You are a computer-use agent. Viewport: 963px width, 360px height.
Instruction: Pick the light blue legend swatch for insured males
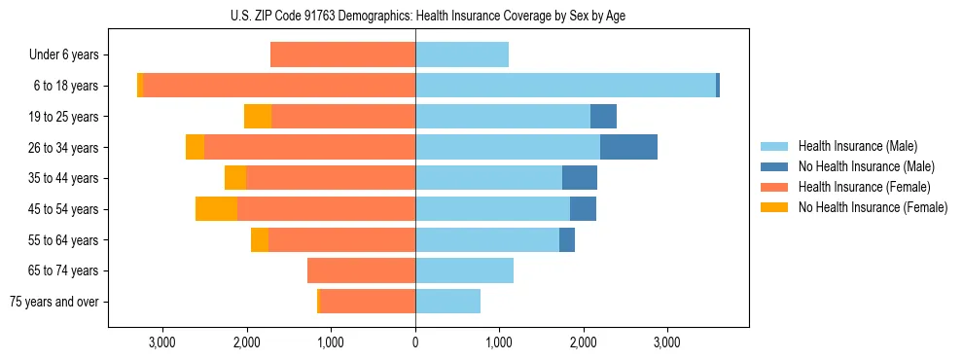(775, 146)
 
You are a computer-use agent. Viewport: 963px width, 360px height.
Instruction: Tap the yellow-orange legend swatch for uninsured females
(775, 207)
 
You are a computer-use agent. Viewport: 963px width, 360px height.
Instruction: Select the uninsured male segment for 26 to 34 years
(628, 147)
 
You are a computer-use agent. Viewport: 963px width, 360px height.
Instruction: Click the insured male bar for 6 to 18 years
(565, 86)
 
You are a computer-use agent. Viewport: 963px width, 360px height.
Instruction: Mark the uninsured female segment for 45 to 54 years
(216, 209)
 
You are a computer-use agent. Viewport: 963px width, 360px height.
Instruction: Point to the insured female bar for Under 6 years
(342, 54)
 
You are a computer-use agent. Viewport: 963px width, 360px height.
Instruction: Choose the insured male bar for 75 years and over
(447, 302)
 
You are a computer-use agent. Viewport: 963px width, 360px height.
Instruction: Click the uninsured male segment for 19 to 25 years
(603, 117)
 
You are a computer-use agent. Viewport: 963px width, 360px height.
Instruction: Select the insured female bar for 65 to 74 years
(361, 270)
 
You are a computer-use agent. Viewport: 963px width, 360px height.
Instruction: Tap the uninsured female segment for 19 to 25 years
(258, 117)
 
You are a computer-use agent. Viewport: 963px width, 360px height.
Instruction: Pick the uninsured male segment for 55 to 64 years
(567, 240)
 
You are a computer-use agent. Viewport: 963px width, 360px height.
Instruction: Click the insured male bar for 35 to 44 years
(488, 178)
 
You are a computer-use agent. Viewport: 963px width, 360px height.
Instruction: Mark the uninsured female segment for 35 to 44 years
(235, 178)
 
